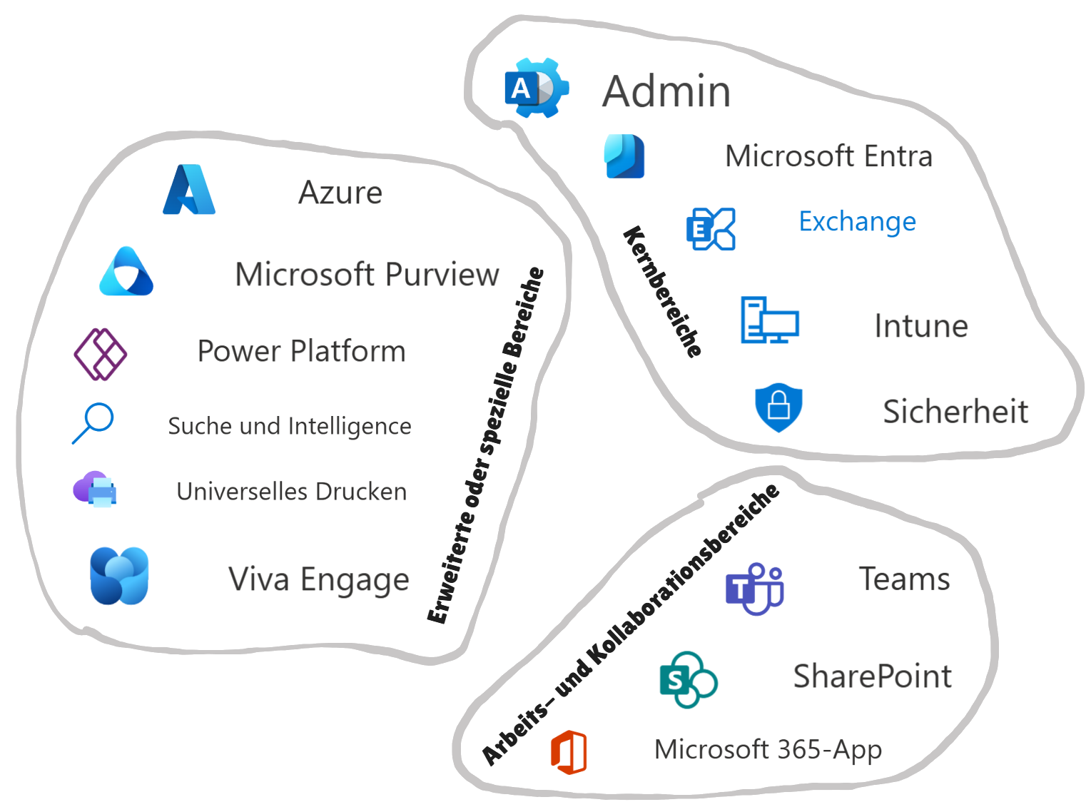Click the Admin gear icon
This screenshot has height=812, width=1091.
pos(537,88)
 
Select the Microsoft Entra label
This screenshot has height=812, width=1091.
pos(828,156)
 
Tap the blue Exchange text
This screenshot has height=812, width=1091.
pos(857,221)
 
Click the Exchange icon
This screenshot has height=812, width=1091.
pos(710,228)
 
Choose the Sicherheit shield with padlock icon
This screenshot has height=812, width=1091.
pos(778,408)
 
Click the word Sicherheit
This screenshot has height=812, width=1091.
pos(955,412)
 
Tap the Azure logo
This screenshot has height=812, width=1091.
pos(189,190)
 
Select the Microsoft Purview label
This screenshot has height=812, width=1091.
pos(367,275)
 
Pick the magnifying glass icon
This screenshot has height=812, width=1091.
pos(93,423)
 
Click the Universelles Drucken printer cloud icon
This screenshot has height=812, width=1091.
pos(96,489)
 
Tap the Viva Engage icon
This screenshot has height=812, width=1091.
pos(119,576)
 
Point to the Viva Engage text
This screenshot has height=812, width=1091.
pos(319,579)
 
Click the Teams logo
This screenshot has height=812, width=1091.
pos(754,589)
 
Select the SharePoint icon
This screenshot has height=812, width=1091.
pos(688,679)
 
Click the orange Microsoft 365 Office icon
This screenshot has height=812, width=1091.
pos(569,751)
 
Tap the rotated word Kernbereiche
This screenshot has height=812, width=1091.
pos(663,291)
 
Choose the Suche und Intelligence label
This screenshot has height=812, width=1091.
pos(289,426)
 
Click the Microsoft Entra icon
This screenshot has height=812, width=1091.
pos(624,156)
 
